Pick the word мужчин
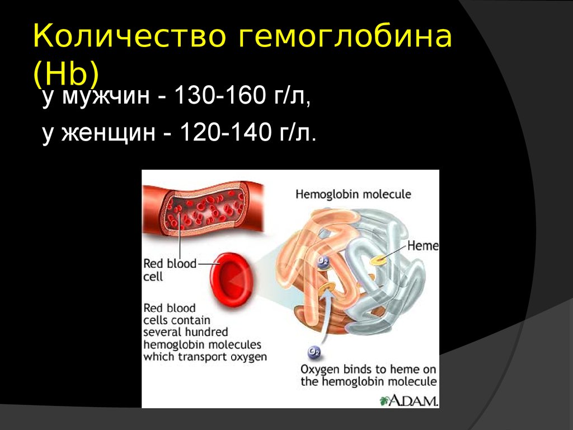tap(106, 97)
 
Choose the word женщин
tap(109, 133)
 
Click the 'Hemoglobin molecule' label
tap(353, 194)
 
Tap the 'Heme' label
tap(423, 246)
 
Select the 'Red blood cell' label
tap(170, 270)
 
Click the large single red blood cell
tap(231, 279)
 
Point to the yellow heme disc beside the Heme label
tap(378, 260)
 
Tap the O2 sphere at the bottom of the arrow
tap(314, 352)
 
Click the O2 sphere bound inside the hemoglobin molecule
tap(323, 261)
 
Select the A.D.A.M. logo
tap(409, 400)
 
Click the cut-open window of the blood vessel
tap(201, 209)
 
